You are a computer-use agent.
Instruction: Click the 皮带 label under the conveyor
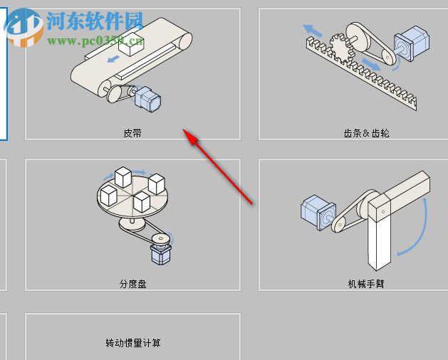[x=132, y=133]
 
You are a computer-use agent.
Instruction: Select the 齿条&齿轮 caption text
[x=366, y=133]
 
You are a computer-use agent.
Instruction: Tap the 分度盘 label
[x=132, y=284]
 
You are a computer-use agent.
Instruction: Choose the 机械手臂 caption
[x=366, y=284]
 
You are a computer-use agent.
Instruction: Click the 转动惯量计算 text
[x=133, y=343]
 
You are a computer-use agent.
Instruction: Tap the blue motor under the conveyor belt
[x=147, y=97]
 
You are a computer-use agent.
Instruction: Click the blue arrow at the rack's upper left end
[x=311, y=30]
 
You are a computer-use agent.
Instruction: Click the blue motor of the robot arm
[x=318, y=212]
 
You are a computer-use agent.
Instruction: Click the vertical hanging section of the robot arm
[x=380, y=238]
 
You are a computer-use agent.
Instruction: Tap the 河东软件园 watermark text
[x=95, y=19]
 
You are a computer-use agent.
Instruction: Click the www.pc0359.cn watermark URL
[x=95, y=41]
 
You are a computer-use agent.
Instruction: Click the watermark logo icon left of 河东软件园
[x=24, y=26]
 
